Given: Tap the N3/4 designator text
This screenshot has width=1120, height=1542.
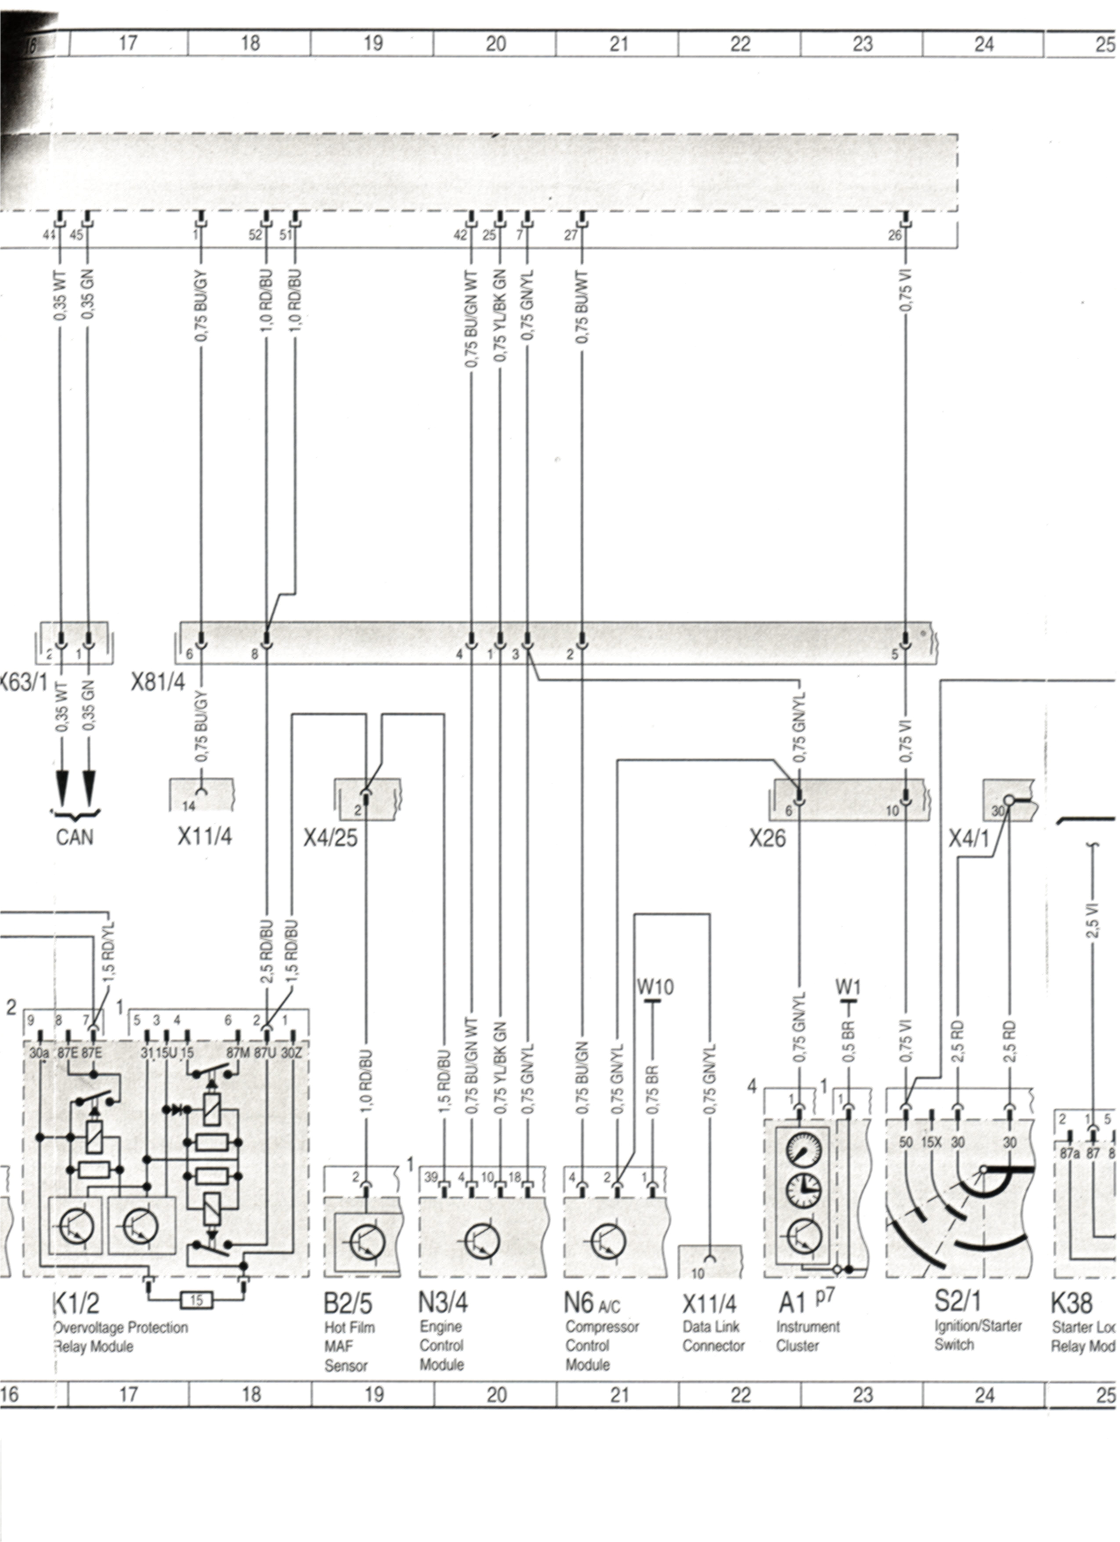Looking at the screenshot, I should (442, 1303).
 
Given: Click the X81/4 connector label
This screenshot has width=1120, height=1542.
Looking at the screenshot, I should (158, 682).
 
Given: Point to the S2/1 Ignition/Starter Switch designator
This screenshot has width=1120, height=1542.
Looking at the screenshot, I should (957, 1301).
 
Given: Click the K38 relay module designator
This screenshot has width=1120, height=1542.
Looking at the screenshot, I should (1072, 1303).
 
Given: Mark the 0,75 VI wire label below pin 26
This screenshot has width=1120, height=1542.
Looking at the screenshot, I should (905, 290).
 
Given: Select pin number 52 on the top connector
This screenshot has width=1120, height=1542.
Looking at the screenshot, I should (255, 235).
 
